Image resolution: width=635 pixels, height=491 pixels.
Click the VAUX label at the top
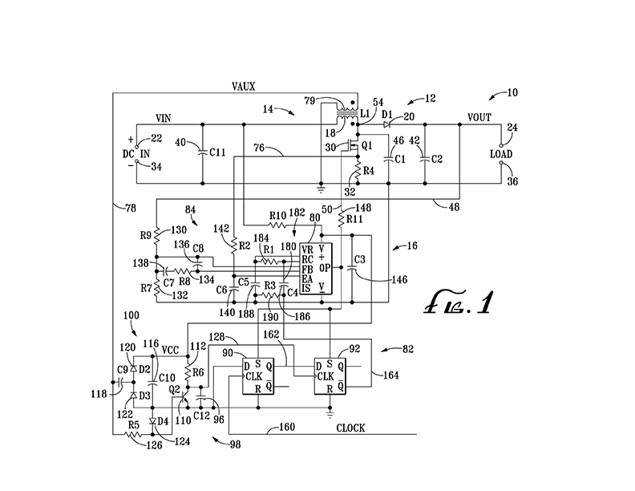tap(245, 86)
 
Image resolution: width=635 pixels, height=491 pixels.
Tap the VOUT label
tap(480, 117)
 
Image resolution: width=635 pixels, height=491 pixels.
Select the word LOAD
tap(503, 153)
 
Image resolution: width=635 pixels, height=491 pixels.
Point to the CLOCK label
tap(350, 428)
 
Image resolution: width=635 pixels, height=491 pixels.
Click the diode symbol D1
tap(387, 124)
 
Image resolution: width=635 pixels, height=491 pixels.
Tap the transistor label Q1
tap(368, 147)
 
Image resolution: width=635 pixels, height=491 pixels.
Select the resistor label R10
tap(277, 215)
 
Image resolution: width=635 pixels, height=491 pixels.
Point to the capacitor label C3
tap(360, 260)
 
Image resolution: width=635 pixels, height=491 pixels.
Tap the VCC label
tap(171, 350)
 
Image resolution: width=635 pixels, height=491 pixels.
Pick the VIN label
tap(164, 117)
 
